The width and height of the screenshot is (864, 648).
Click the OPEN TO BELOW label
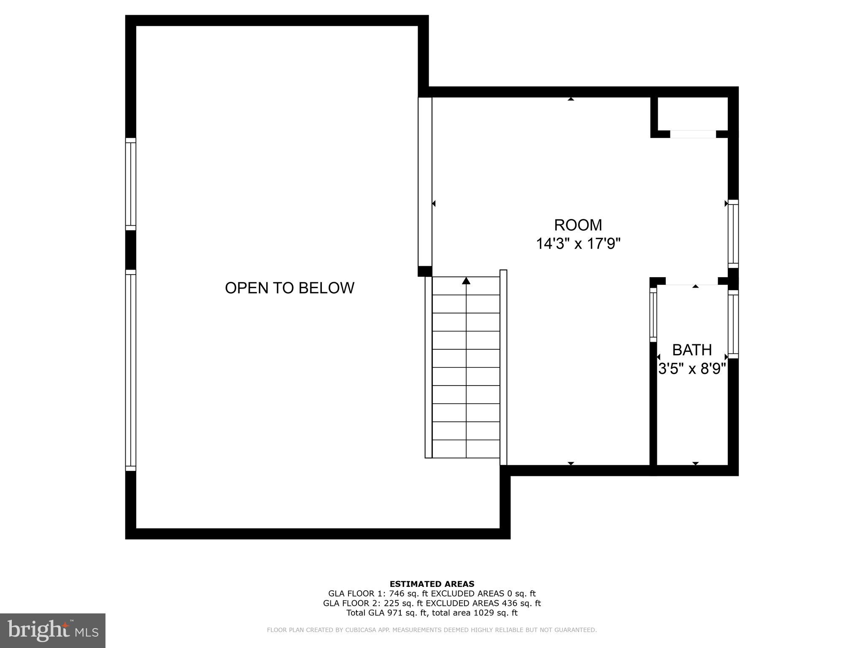click(289, 288)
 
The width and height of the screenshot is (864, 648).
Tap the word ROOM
click(578, 225)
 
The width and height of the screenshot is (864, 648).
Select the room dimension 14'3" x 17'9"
click(578, 244)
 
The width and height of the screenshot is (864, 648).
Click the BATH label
click(692, 350)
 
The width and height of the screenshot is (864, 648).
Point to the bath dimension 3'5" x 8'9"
click(692, 369)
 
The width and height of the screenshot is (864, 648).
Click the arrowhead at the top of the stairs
click(466, 281)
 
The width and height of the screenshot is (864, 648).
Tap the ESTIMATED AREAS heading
click(432, 584)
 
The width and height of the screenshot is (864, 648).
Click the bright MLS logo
click(53, 631)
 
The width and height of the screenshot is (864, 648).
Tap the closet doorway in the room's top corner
click(693, 134)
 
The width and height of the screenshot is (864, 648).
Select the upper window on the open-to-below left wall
click(131, 184)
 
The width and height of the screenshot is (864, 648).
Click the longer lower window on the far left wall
click(131, 370)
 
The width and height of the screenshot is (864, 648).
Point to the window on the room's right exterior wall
click(733, 234)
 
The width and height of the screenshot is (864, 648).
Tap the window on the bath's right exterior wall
click(733, 324)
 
